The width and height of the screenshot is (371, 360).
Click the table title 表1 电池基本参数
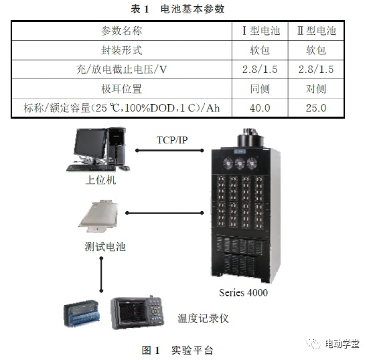coord(177,9)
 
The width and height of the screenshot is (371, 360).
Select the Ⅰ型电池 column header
coord(261,31)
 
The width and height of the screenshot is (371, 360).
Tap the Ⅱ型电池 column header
coord(317,31)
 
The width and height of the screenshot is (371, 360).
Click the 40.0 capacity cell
coord(260,108)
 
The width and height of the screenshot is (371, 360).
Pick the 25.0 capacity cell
coord(316,108)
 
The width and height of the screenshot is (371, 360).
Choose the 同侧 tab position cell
coord(260,88)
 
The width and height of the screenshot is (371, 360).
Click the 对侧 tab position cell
coord(316,88)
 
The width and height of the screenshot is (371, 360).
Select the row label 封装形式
coord(122,50)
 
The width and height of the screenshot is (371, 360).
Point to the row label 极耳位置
coord(122,88)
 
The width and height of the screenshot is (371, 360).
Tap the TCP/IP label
coord(172,140)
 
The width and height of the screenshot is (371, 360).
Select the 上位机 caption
coord(100,180)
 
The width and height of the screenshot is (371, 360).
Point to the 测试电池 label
coord(105,247)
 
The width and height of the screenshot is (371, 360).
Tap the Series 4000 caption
coord(244,293)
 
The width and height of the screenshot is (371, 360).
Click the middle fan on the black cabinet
coord(240,164)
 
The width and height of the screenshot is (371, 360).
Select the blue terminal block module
coord(82,314)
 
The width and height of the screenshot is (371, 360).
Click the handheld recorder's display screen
coord(132,312)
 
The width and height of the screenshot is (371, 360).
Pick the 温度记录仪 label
coord(203,318)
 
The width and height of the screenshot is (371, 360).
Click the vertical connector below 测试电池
coord(102,274)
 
